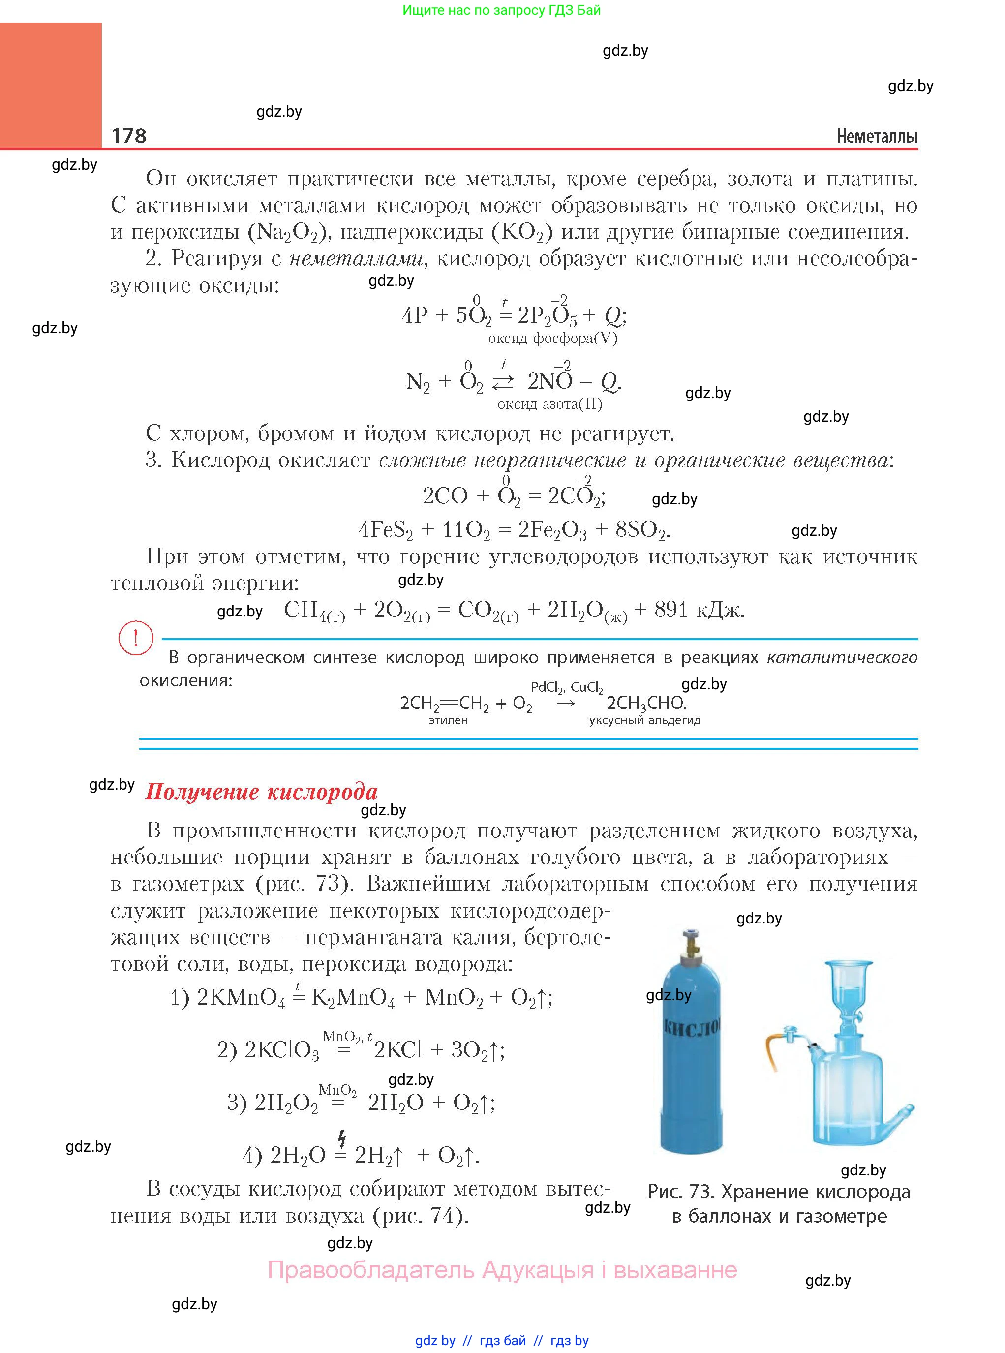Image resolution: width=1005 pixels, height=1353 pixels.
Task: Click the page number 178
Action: click(128, 136)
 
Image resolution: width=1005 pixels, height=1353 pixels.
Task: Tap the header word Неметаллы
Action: click(877, 136)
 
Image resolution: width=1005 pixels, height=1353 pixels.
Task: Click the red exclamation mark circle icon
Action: click(135, 638)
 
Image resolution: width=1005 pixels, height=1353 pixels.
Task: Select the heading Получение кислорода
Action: click(261, 792)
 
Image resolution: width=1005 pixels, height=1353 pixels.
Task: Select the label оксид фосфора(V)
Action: click(552, 338)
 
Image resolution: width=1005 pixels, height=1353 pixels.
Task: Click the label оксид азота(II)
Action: click(549, 404)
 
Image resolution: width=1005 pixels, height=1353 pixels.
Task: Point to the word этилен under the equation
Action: click(448, 720)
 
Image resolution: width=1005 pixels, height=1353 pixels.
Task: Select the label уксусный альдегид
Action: click(644, 720)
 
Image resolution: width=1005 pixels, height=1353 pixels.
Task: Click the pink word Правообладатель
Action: click(371, 1270)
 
